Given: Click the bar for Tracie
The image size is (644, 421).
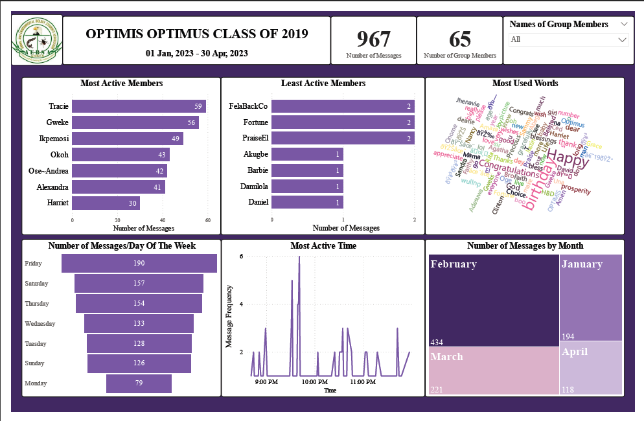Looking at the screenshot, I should point(139,106).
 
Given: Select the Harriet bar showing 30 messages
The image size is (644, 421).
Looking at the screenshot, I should point(106,203).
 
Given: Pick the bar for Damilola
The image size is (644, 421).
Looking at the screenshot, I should point(307,187).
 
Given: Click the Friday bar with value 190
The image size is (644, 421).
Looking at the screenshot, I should point(139,264).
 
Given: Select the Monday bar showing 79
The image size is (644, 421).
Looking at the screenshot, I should point(139,383).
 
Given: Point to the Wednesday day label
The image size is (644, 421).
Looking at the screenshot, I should point(40,324).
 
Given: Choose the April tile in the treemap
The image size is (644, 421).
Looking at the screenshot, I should point(590,367).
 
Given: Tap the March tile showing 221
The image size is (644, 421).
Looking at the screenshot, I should point(494,370).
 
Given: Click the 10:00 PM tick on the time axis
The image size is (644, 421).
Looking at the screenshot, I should point(314,382).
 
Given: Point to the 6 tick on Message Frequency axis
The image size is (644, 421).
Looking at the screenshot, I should point(241,256).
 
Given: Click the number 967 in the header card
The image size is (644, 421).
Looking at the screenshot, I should point(373,39).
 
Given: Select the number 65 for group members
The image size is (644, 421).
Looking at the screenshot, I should point(460,39).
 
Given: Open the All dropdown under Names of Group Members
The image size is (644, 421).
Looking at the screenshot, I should point(568,40).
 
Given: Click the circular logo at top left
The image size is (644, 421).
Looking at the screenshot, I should point(37,40).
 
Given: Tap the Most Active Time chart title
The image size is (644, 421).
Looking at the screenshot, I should point(323,246).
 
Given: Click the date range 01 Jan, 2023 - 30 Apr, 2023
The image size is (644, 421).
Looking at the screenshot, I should point(196,54).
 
